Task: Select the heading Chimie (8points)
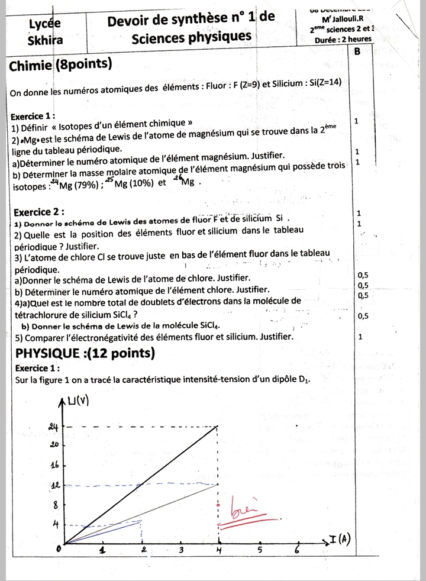(61, 63)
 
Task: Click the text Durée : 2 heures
(344, 39)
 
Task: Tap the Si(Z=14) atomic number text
(325, 82)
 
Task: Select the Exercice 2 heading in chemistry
(39, 212)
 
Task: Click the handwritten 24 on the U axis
(53, 426)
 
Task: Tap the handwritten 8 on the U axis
(56, 505)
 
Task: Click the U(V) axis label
(78, 402)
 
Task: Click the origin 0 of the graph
(58, 550)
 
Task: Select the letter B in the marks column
(357, 52)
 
